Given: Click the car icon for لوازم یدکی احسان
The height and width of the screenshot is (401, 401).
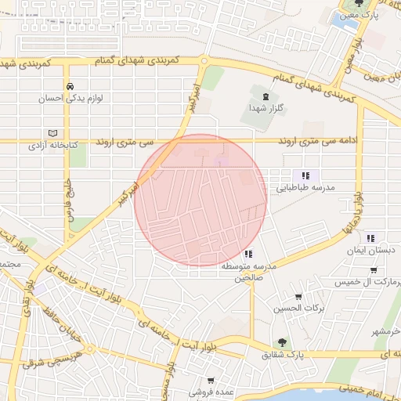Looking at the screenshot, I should pyautogui.click(x=70, y=86).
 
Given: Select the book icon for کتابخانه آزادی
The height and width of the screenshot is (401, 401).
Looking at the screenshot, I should pyautogui.click(x=53, y=132).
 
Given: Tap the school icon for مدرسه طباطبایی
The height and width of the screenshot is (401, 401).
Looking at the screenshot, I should pyautogui.click(x=305, y=175).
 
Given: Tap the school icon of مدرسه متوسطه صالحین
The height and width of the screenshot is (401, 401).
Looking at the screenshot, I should pyautogui.click(x=248, y=254).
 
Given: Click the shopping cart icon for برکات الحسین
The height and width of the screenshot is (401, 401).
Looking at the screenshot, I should pyautogui.click(x=298, y=296).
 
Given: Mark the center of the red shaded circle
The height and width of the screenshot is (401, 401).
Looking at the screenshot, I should pyautogui.click(x=200, y=200).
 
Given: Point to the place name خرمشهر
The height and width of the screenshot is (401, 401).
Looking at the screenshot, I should pyautogui.click(x=385, y=331).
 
